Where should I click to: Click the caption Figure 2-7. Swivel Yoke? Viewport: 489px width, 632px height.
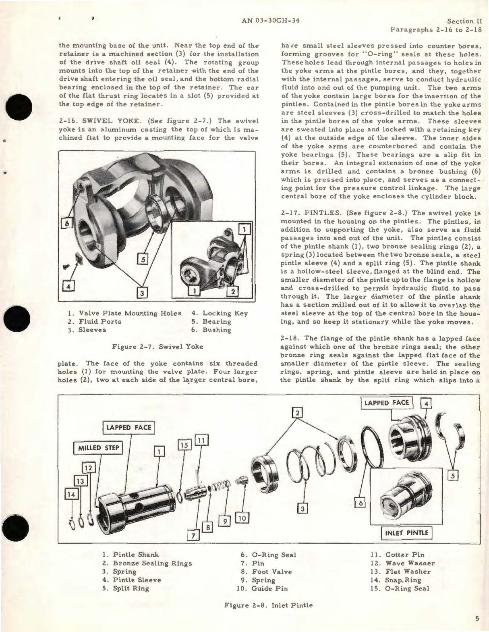(157, 346)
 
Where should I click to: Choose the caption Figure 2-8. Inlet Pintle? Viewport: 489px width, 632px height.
(268, 605)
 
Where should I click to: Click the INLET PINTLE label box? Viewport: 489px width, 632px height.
(406, 533)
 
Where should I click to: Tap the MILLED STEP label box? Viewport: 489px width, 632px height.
(98, 448)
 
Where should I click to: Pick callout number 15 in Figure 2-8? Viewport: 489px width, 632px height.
(184, 445)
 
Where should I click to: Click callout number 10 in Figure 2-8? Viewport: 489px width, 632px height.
(242, 518)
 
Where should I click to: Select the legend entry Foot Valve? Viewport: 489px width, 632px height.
(271, 572)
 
